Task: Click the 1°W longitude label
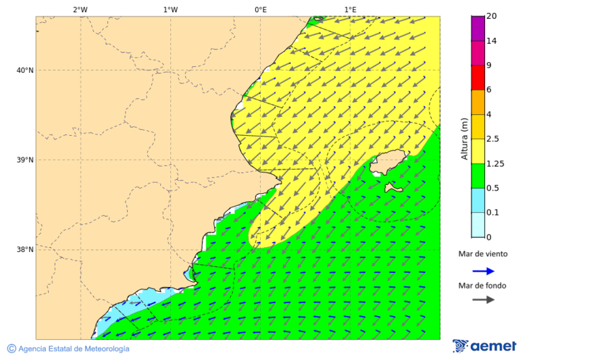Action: pyautogui.click(x=170, y=9)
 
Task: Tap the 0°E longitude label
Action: pyautogui.click(x=260, y=9)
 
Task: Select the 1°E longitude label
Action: pyautogui.click(x=350, y=9)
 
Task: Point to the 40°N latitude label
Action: pyautogui.click(x=24, y=70)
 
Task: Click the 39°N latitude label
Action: pyautogui.click(x=24, y=160)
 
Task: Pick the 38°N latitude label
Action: pyautogui.click(x=24, y=250)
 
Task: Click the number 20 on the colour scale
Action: pyautogui.click(x=492, y=16)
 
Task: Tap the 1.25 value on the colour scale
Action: pyautogui.click(x=496, y=163)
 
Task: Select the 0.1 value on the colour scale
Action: pyautogui.click(x=493, y=213)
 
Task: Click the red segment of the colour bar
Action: pyautogui.click(x=478, y=78)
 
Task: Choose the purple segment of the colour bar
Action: pyautogui.click(x=478, y=28)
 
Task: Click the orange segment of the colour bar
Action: pyautogui.click(x=478, y=102)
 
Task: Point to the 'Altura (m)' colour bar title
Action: pyautogui.click(x=464, y=138)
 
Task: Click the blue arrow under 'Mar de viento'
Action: pyautogui.click(x=483, y=272)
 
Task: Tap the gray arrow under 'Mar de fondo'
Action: pyautogui.click(x=483, y=300)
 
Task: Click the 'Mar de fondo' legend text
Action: pyautogui.click(x=482, y=286)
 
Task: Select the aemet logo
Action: pyautogui.click(x=484, y=346)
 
